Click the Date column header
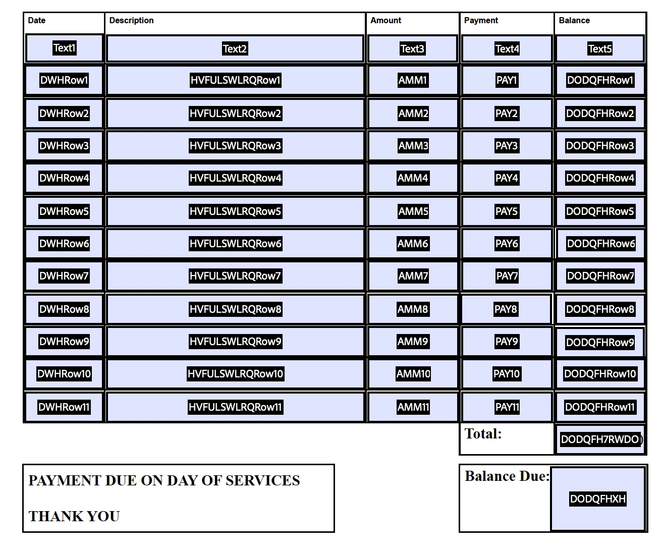[x=37, y=21]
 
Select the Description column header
[x=131, y=21]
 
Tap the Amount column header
[x=385, y=21]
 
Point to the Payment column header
[x=480, y=21]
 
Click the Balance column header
[x=574, y=21]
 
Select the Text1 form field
[x=64, y=48]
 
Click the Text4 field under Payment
[x=507, y=49]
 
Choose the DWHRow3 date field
[x=64, y=146]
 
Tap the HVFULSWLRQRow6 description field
[x=235, y=244]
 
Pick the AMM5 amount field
[x=413, y=211]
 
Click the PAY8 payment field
[x=506, y=309]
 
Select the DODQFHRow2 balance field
[x=600, y=114]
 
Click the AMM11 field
[x=413, y=407]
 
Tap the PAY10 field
[x=507, y=374]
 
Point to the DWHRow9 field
[x=64, y=342]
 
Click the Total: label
[x=483, y=434]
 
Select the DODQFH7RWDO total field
[x=600, y=439]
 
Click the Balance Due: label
[x=507, y=476]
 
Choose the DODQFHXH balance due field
[x=598, y=499]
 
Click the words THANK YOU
[x=74, y=516]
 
